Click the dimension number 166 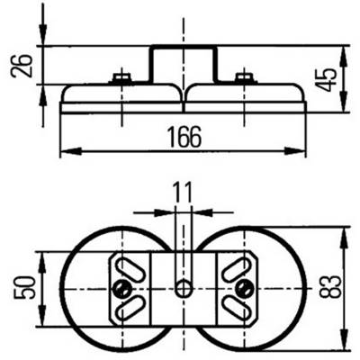pyautogui.click(x=184, y=137)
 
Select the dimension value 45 pyautogui.click(x=326, y=80)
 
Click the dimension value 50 pyautogui.click(x=24, y=288)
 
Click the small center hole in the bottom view pyautogui.click(x=184, y=289)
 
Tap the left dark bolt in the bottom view pyautogui.click(x=122, y=289)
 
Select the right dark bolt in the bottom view pyautogui.click(x=245, y=289)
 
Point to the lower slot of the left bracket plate pyautogui.click(x=130, y=308)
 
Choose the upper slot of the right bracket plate pyautogui.click(x=238, y=269)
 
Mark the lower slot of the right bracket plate pyautogui.click(x=238, y=308)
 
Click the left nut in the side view pyautogui.click(x=121, y=77)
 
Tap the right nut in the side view pyautogui.click(x=245, y=77)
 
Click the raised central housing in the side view pyautogui.click(x=183, y=64)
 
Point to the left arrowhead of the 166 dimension pyautogui.click(x=70, y=151)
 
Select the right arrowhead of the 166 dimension pyautogui.click(x=295, y=151)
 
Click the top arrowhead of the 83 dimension pyautogui.click(x=343, y=237)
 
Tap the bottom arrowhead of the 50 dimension pyautogui.click(x=43, y=315)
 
